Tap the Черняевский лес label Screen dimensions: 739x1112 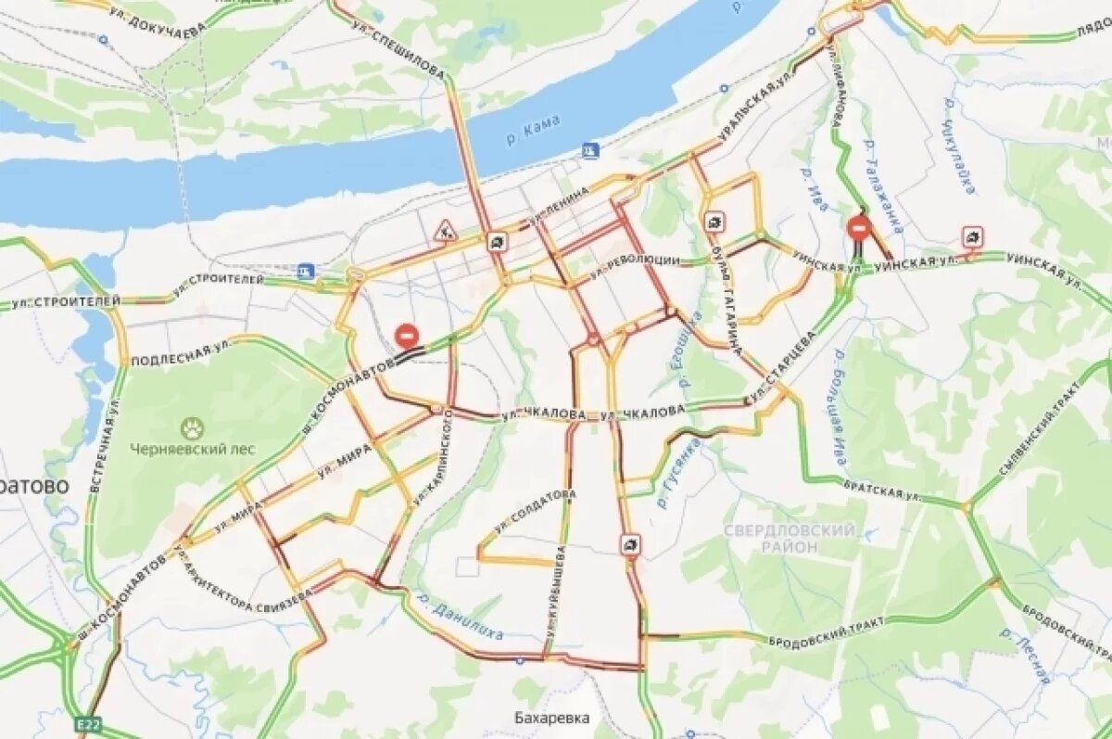coord(192,449)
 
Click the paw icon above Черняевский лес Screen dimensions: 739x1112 coord(192,427)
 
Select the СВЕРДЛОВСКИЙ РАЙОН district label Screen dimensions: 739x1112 coord(789,538)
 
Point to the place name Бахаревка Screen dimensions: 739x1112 coord(552,718)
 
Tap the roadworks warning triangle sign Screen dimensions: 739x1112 coord(446,230)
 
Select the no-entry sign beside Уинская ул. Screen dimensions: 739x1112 coord(859,227)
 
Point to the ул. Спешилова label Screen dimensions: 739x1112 coord(400,48)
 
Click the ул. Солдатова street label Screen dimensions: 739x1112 coord(534,511)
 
